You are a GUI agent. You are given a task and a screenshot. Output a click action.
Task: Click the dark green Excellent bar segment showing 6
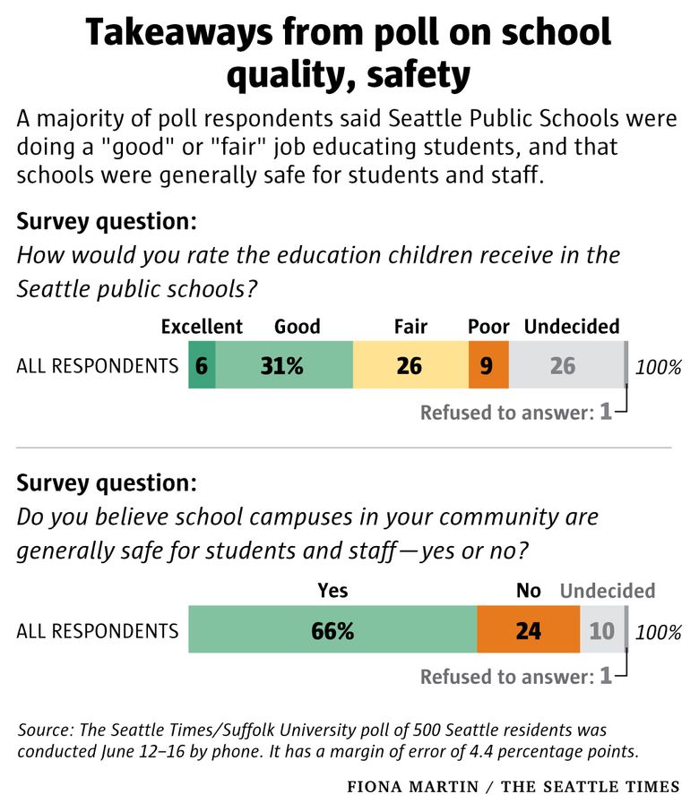[202, 365]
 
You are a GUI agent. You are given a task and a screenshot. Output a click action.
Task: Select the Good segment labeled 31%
[284, 365]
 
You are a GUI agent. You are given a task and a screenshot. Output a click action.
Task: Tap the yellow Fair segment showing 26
[410, 365]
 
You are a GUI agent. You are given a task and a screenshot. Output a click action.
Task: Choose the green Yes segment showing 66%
[332, 630]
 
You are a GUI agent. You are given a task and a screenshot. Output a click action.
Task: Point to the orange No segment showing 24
[529, 630]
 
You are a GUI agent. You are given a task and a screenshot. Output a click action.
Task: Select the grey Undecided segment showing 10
[601, 630]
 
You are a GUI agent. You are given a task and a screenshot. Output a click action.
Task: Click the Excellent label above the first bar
[202, 327]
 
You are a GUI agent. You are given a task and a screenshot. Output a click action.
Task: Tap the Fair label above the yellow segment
[410, 327]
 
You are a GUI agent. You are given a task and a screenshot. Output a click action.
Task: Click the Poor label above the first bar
[488, 327]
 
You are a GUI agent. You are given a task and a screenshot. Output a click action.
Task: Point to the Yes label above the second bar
[332, 591]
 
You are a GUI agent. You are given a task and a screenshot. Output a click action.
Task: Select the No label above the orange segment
[529, 591]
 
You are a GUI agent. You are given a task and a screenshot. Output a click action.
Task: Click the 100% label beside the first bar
[659, 366]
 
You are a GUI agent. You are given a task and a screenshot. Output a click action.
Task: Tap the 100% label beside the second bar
[659, 631]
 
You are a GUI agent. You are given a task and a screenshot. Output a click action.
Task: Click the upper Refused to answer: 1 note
[516, 412]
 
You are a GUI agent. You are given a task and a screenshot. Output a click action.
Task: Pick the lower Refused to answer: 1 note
[516, 677]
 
